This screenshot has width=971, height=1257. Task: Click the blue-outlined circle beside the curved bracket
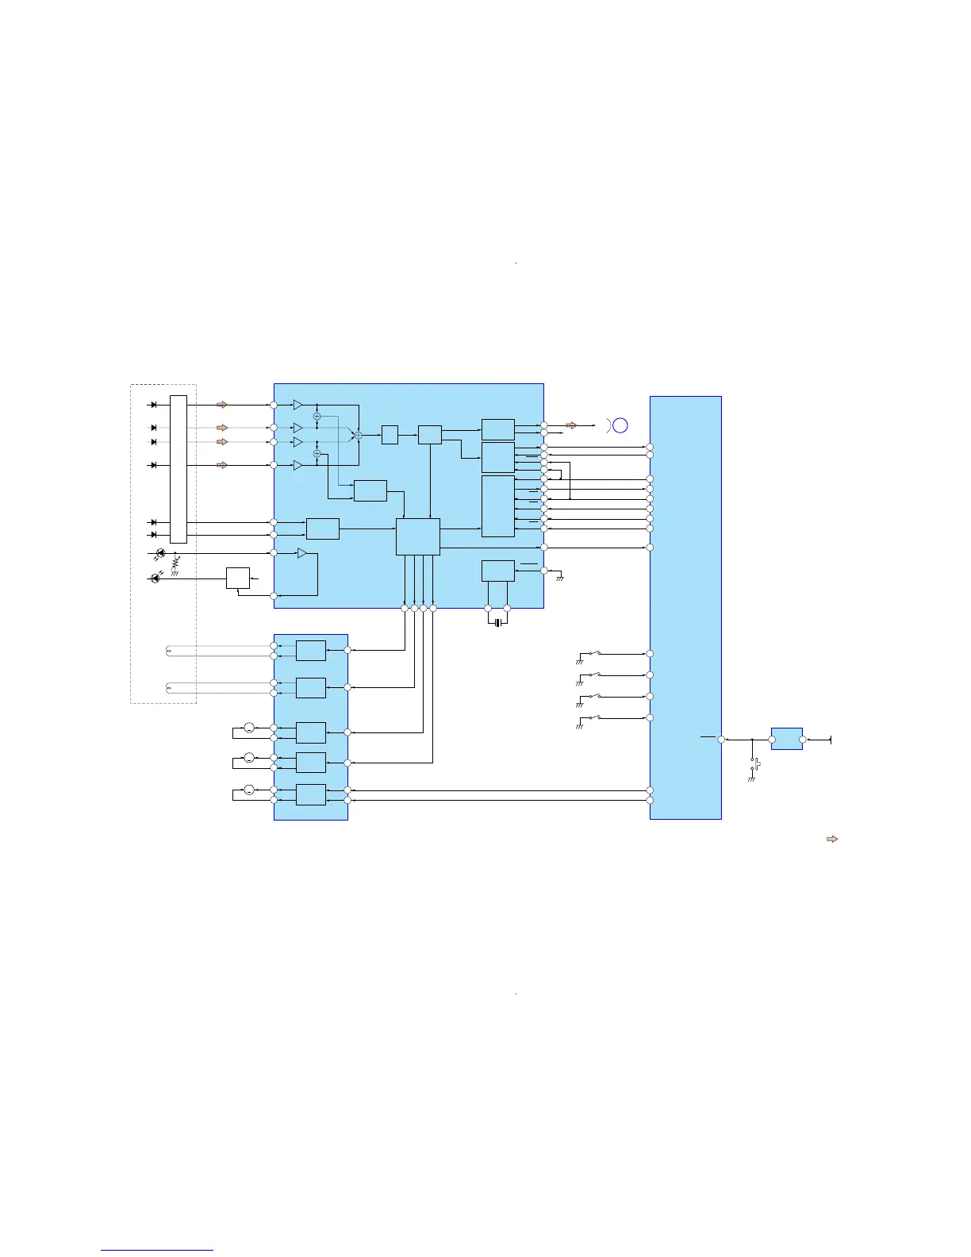[620, 425]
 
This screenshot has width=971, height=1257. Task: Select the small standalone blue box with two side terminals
[786, 739]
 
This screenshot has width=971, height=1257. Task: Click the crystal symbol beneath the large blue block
[497, 623]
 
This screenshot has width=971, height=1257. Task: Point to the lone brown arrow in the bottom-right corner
[832, 839]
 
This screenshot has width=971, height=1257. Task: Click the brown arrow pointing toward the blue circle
[571, 425]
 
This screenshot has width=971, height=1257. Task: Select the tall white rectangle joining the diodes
[178, 469]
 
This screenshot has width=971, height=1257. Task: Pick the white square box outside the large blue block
[238, 578]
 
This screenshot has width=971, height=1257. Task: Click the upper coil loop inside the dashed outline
[168, 652]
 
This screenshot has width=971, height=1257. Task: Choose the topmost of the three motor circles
[248, 728]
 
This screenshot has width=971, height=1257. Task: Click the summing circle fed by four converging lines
[358, 435]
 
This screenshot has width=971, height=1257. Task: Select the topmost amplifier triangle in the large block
[297, 405]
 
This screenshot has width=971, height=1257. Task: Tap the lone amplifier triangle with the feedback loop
[301, 553]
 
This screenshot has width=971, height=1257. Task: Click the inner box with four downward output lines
[417, 537]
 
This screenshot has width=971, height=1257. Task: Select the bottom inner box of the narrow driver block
[310, 794]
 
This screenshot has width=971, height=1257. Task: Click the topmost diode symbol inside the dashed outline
[153, 405]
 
